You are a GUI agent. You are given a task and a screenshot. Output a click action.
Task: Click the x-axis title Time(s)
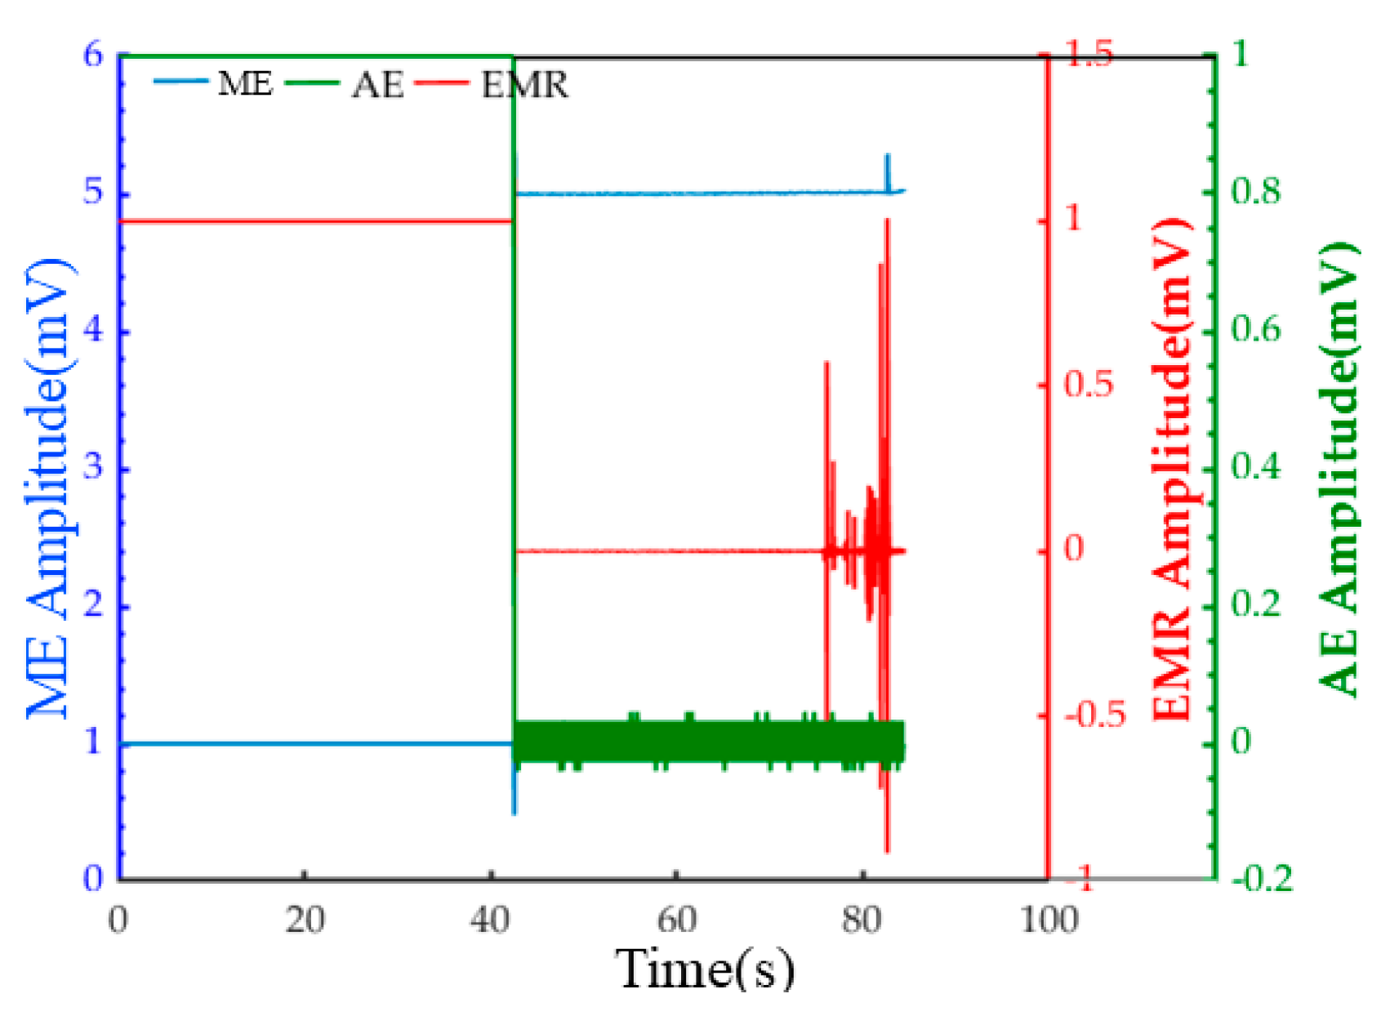[x=704, y=969]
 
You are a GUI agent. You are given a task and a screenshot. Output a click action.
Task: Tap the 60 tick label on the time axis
[x=676, y=920]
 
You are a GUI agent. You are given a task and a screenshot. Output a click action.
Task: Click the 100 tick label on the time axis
[x=1049, y=920]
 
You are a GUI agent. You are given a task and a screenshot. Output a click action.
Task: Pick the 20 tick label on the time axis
[x=305, y=920]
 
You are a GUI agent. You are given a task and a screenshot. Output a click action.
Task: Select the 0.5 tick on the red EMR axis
[x=1088, y=384]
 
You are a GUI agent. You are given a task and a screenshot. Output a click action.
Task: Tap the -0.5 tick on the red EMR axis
[x=1094, y=715]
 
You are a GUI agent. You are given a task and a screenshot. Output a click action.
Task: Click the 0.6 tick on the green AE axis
[x=1254, y=329]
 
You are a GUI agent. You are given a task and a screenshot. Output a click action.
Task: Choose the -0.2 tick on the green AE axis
[x=1262, y=879]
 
